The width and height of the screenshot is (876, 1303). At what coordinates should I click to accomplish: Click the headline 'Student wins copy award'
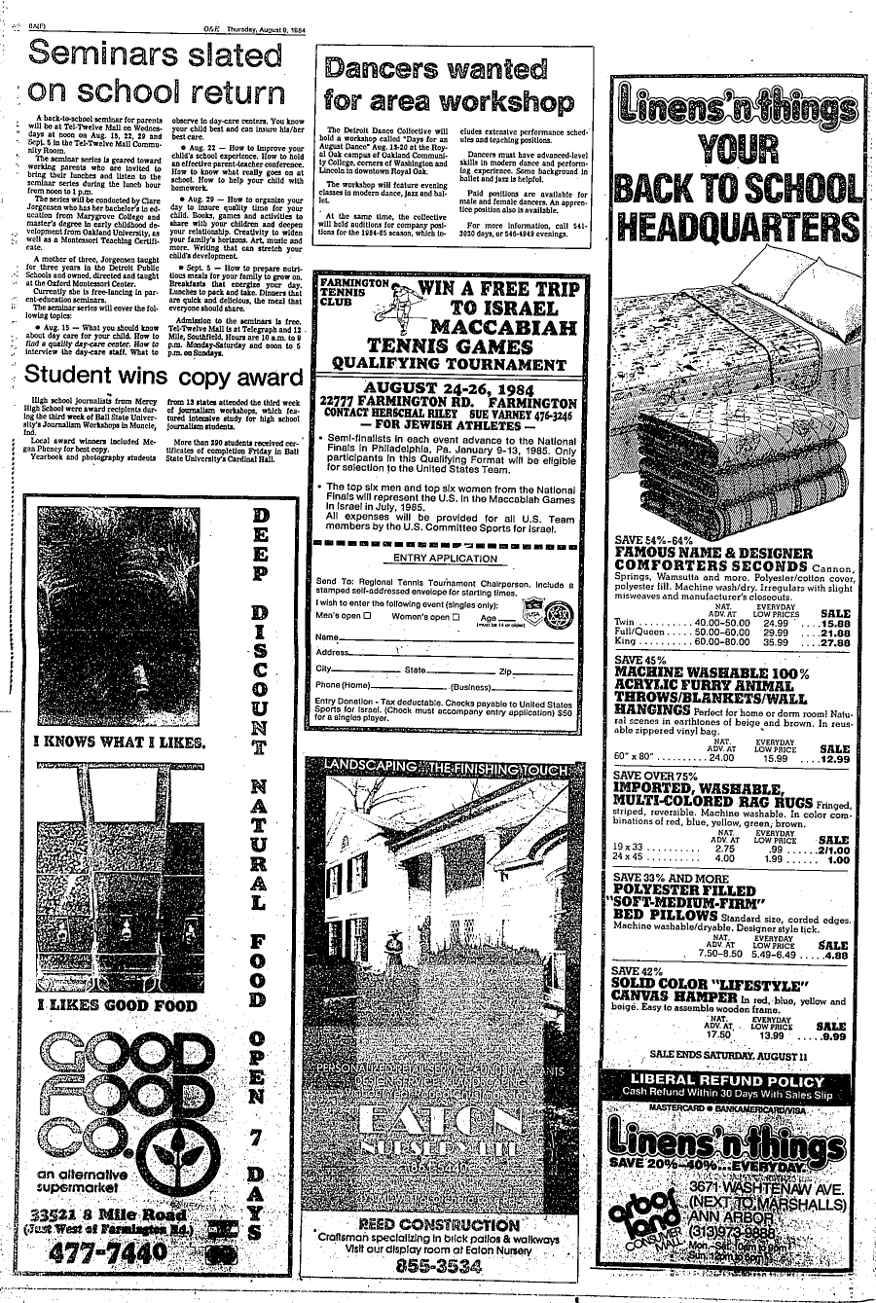164,377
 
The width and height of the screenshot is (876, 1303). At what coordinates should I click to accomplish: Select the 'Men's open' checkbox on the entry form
368,616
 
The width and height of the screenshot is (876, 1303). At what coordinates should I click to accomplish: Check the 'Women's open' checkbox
456,616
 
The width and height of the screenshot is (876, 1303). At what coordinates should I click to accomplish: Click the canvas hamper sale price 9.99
832,1037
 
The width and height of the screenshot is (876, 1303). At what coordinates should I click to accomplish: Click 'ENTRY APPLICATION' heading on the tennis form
445,559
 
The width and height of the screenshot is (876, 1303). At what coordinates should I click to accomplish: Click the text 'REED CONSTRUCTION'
439,1225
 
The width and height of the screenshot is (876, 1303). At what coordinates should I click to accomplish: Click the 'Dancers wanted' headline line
436,70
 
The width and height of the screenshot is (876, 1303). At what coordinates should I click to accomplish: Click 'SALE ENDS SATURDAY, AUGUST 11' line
728,1055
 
